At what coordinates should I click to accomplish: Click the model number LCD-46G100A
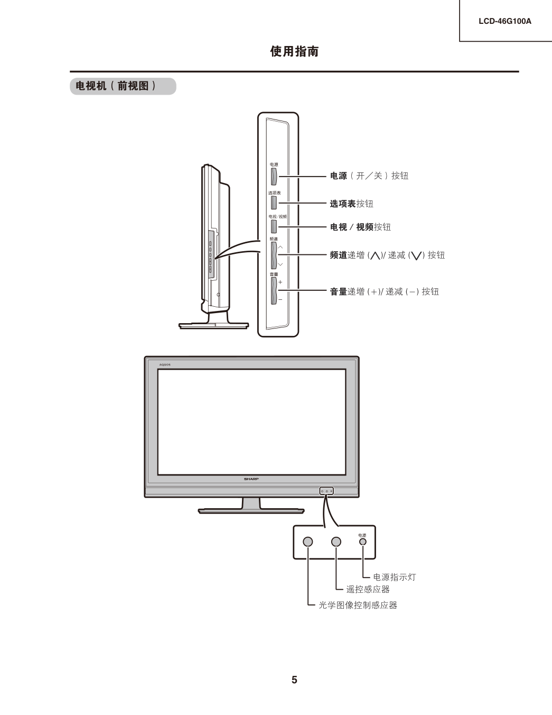point(504,21)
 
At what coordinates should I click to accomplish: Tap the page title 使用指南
point(294,51)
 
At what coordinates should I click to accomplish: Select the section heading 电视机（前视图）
point(115,86)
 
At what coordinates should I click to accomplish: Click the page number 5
point(294,680)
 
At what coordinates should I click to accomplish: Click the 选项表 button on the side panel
point(274,203)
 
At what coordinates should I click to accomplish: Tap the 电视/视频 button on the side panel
point(274,226)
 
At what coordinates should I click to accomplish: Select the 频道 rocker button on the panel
point(274,255)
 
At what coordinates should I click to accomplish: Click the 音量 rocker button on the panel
point(274,291)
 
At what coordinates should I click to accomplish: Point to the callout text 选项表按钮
point(352,204)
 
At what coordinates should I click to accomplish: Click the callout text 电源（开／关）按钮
point(369,176)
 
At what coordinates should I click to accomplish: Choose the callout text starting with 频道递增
point(387,255)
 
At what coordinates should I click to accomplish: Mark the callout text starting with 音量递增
point(385,291)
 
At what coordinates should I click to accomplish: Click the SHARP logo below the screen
point(251,479)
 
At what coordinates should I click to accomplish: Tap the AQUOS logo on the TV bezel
point(165,364)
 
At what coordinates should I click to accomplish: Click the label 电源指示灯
point(395,577)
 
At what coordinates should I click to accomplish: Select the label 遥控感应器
point(368,589)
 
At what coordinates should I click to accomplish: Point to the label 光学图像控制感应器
point(358,605)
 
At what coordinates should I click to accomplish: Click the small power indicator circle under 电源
point(363,542)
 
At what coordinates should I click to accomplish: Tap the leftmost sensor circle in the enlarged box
point(308,542)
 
